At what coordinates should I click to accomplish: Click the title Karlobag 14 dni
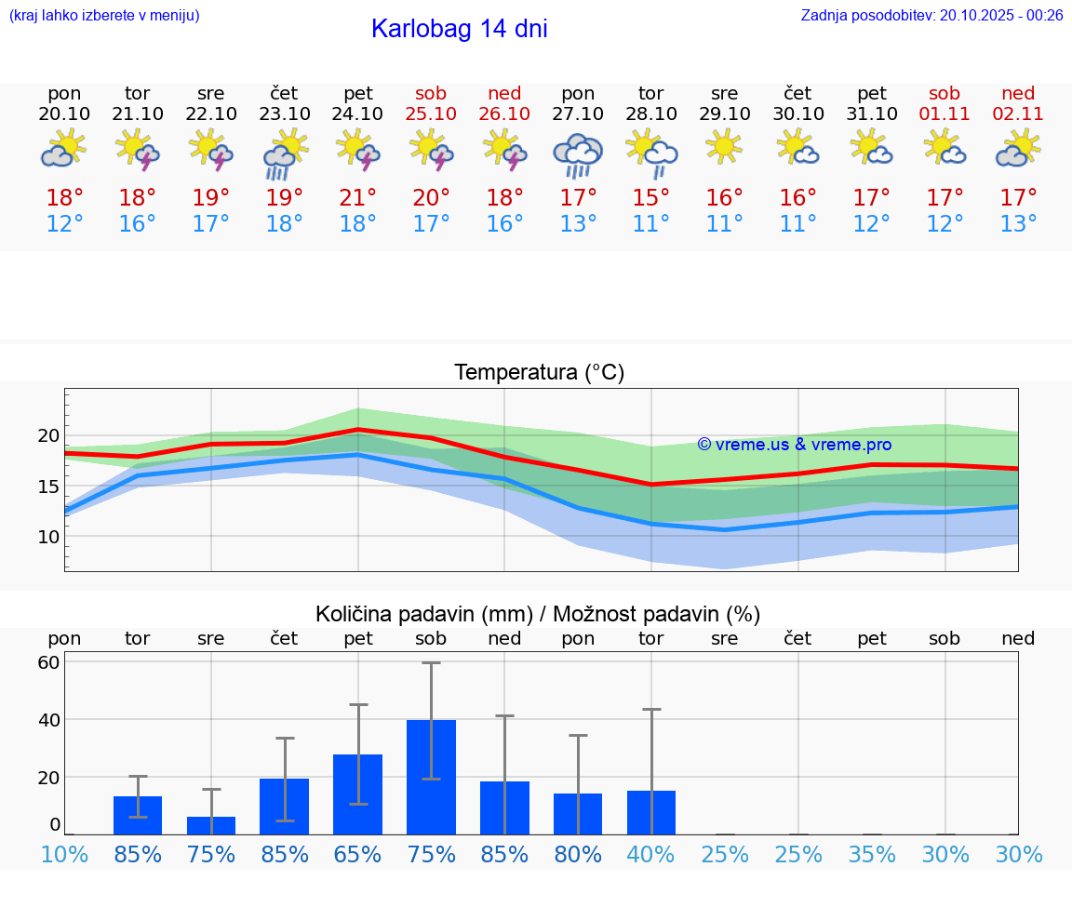(459, 29)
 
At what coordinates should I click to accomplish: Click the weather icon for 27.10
(578, 154)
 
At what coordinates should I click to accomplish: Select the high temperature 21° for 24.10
(358, 198)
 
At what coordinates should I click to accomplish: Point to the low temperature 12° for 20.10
(64, 224)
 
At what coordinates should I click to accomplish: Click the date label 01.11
(945, 113)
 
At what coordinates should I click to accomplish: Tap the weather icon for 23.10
(285, 154)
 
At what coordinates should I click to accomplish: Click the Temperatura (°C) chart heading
(539, 373)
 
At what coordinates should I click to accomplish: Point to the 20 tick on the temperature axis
(48, 435)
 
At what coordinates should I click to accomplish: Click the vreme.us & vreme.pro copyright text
(794, 445)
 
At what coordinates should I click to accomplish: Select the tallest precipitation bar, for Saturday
(431, 777)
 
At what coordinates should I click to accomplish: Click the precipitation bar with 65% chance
(358, 794)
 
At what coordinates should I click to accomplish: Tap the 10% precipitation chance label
(64, 855)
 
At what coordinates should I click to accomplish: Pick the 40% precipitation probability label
(651, 855)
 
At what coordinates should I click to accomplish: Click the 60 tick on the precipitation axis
(48, 662)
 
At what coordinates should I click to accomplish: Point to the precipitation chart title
(538, 614)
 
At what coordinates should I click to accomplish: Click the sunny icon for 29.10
(724, 147)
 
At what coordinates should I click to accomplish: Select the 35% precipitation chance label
(872, 855)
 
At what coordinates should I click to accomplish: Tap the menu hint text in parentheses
(104, 15)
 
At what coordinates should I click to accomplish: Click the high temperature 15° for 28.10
(651, 198)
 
